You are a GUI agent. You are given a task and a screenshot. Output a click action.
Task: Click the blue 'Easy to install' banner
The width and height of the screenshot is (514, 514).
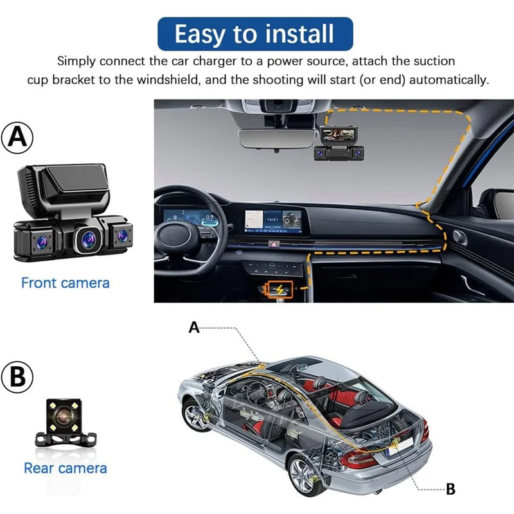click(x=255, y=34)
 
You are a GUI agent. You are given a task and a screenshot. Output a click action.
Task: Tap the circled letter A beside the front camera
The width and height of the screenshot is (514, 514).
click(x=17, y=137)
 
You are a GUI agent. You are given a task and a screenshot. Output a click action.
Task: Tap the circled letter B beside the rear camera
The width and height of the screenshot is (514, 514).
click(x=17, y=377)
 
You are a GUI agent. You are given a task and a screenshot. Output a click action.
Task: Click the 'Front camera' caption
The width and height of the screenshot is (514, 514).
click(x=66, y=283)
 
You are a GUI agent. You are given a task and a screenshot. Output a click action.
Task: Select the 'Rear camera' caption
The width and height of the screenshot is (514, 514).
click(x=66, y=468)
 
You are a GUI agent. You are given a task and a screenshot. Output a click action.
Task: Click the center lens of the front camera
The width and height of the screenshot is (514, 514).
click(x=89, y=239)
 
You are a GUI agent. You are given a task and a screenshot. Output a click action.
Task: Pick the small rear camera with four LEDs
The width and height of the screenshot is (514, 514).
click(x=66, y=423)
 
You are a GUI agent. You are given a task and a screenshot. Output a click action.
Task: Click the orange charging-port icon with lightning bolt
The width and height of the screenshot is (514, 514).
click(x=280, y=289)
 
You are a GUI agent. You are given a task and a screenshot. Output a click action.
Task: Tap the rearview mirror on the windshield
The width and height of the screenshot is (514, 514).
click(x=276, y=138)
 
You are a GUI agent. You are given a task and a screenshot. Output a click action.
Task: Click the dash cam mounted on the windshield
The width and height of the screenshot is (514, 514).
click(x=339, y=143)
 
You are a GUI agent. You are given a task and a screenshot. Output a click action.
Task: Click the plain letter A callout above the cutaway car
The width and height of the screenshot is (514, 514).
click(x=194, y=328)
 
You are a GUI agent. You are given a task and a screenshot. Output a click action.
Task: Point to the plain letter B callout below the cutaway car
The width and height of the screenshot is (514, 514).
click(x=451, y=489)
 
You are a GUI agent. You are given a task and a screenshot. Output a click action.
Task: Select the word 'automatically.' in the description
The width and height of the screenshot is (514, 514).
click(x=448, y=80)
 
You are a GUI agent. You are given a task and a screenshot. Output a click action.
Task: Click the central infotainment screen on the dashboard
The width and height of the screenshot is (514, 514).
click(x=272, y=220)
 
